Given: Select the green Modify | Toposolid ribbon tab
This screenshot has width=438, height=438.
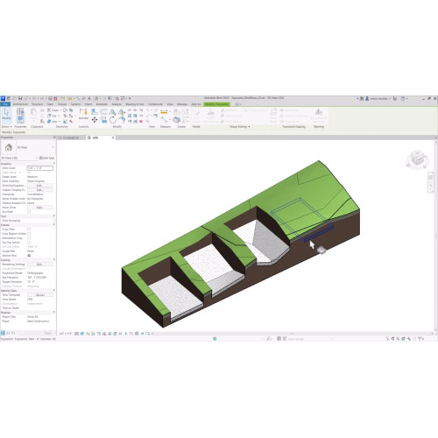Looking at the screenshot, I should [215, 103].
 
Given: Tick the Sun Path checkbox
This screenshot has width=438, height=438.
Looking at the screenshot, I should [30, 211].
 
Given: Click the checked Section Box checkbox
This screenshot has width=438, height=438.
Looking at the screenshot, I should [30, 254].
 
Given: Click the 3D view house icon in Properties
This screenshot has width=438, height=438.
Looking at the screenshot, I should [9, 149].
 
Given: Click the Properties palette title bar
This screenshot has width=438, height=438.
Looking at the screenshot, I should [26, 138].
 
